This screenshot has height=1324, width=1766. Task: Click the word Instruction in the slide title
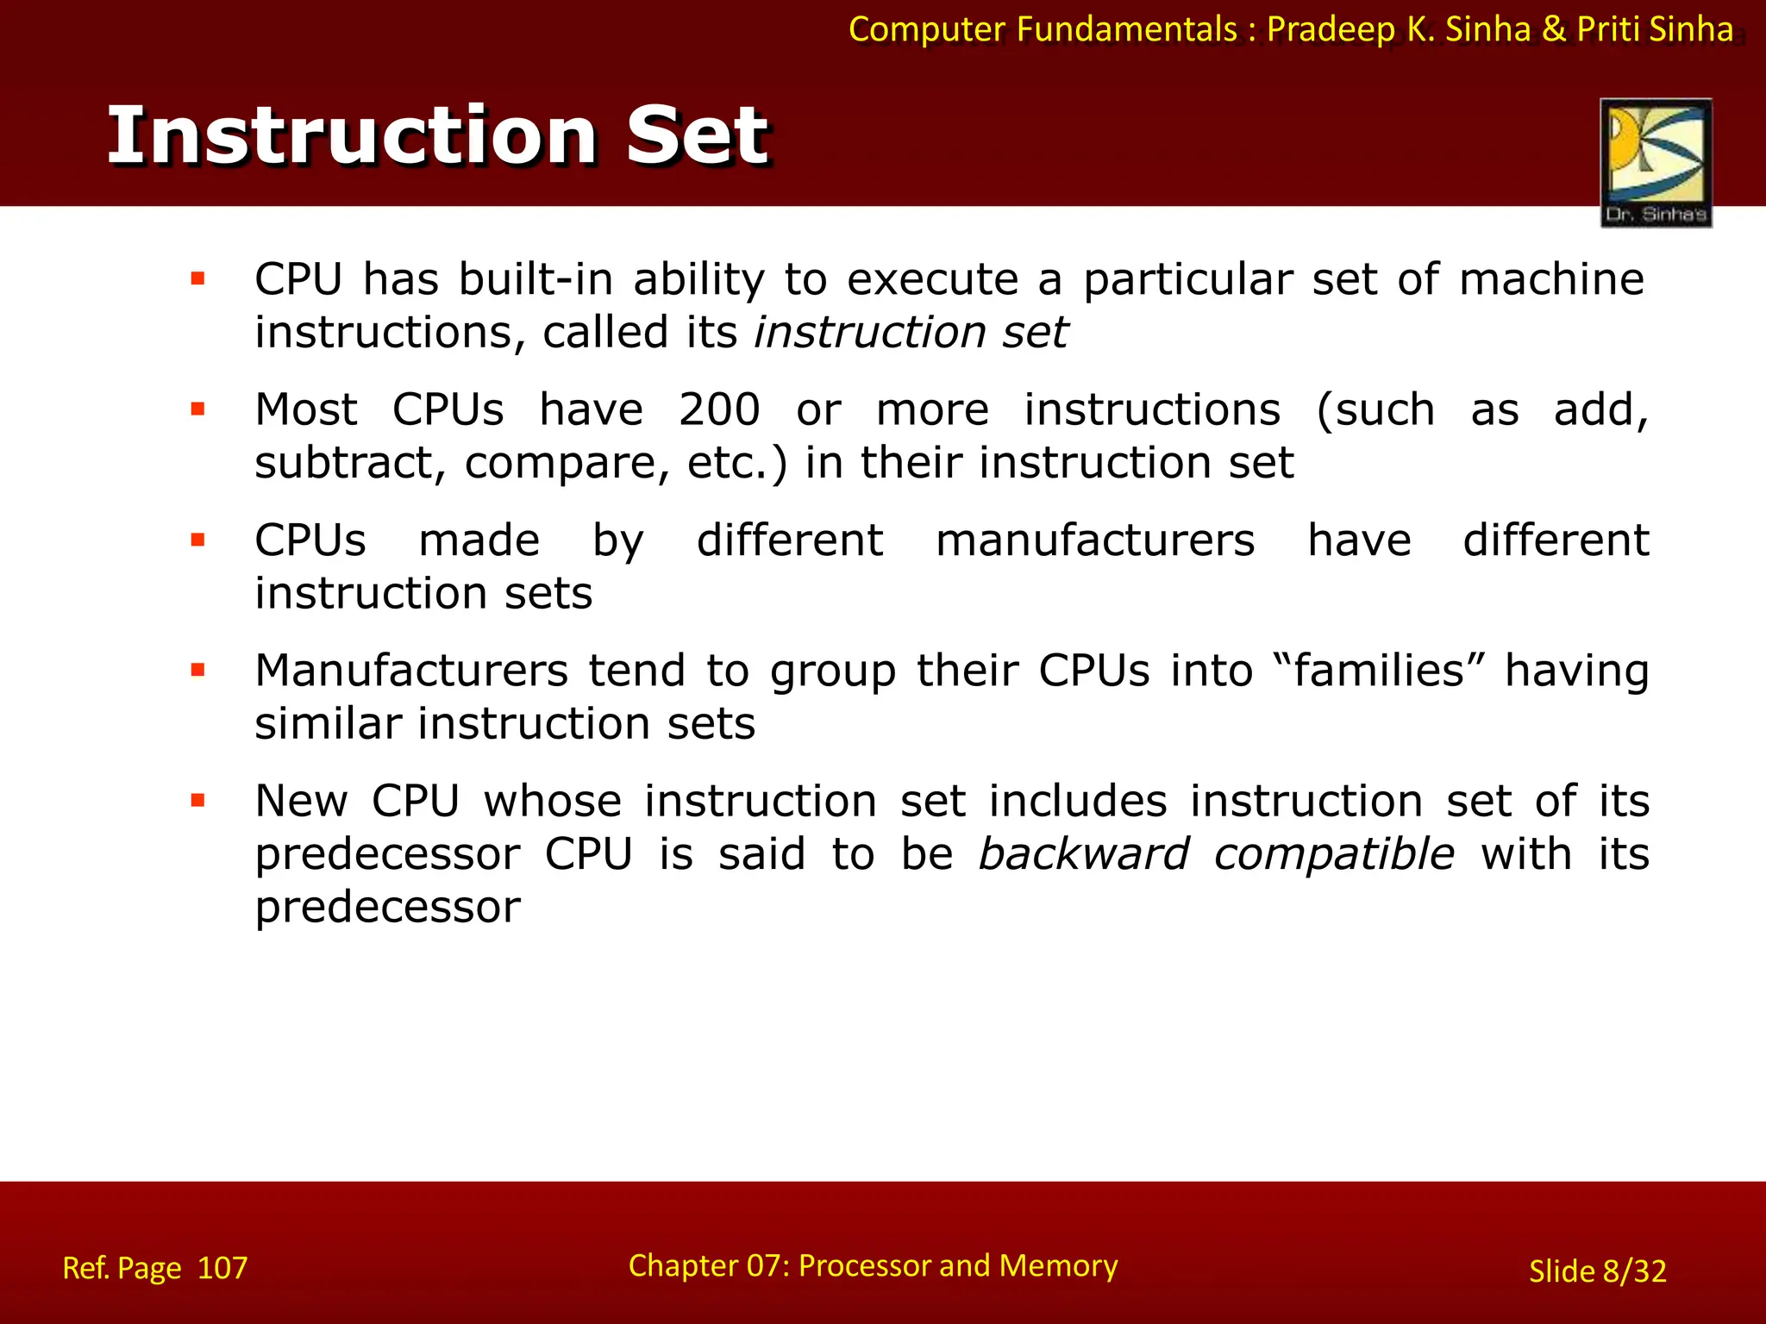pos(354,135)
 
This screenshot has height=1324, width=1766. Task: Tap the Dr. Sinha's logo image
pos(1656,162)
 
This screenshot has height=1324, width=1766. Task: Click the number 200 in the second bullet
pos(718,409)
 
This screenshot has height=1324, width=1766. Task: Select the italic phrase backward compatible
pos(1216,854)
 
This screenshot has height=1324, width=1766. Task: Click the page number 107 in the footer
pos(222,1268)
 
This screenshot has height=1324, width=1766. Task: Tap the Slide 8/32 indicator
pos(1597,1271)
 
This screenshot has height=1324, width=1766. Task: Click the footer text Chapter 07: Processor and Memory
pos(873,1265)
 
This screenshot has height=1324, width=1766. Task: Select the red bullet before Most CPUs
pos(198,409)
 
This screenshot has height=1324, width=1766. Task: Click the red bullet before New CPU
pos(198,801)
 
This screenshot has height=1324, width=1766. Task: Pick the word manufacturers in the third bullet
pos(1095,540)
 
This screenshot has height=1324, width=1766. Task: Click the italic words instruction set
pos(911,333)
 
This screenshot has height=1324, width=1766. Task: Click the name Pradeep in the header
pos(1331,29)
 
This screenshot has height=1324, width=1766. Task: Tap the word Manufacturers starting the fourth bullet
pos(411,671)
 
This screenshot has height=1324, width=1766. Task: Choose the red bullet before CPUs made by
pos(198,540)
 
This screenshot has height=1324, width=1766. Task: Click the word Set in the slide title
pos(697,135)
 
